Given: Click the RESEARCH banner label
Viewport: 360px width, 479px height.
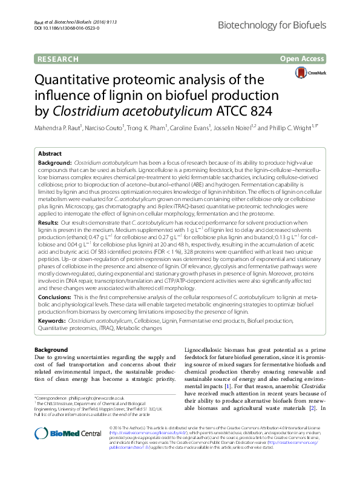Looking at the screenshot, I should tap(58, 59).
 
